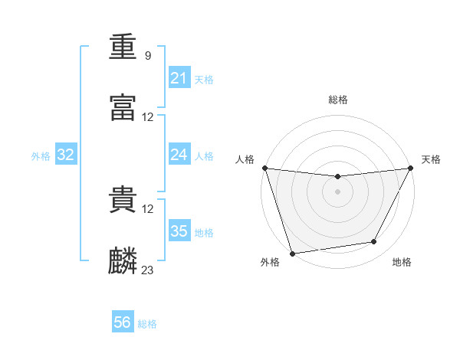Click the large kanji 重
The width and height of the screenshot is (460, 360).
click(123, 47)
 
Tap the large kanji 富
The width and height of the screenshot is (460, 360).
click(123, 108)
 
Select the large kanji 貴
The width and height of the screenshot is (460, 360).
click(123, 199)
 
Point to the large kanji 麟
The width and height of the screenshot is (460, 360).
click(123, 260)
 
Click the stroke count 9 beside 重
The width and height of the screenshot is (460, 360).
click(148, 56)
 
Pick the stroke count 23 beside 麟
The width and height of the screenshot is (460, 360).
click(147, 270)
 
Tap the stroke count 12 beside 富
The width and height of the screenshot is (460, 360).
click(147, 117)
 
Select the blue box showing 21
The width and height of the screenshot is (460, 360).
click(179, 77)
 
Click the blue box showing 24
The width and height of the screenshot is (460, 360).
click(179, 154)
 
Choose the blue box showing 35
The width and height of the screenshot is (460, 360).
click(179, 230)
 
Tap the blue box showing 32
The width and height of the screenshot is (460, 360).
click(66, 154)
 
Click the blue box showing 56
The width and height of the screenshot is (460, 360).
click(123, 321)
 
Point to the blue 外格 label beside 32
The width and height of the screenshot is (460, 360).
click(41, 156)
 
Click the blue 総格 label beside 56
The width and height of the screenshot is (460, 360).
click(147, 324)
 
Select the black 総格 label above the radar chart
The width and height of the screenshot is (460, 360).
click(338, 100)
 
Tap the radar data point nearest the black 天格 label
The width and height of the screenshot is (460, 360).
click(410, 168)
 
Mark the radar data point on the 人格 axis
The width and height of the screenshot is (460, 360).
click(265, 168)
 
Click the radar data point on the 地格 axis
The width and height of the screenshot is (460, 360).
click(373, 241)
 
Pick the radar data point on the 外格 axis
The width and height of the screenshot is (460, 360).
click(292, 254)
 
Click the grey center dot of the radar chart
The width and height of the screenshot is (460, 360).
click(337, 191)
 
